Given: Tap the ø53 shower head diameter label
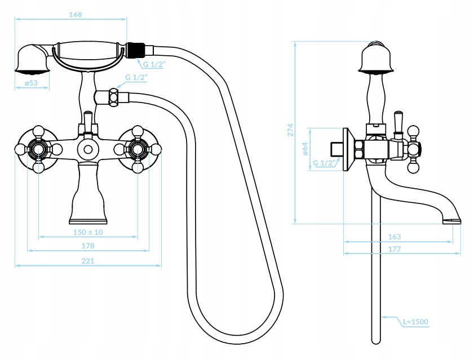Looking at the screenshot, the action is click(31, 83).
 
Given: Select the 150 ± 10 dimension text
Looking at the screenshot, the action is click(88, 232).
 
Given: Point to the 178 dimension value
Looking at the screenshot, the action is click(88, 245).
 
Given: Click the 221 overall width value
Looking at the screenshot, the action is click(88, 260).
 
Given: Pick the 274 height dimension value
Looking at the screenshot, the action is click(290, 131).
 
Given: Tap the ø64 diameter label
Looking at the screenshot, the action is click(304, 149).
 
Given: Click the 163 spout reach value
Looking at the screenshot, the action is click(395, 237).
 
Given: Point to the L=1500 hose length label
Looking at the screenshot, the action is click(415, 322).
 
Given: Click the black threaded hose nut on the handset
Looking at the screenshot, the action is click(135, 50).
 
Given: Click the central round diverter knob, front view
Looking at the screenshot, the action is click(87, 150).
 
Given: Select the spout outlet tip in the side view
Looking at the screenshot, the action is click(452, 219).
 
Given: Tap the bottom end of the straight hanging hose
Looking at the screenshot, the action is click(376, 339).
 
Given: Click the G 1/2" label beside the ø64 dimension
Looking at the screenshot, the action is click(324, 163).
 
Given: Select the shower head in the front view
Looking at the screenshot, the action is click(32, 60).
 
